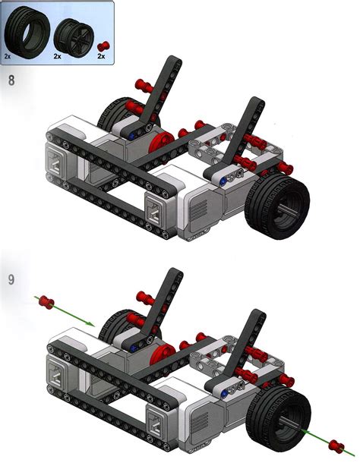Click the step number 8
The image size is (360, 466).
coord(11,80)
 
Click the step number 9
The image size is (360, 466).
coord(11,279)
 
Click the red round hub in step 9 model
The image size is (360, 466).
coord(160,346)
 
